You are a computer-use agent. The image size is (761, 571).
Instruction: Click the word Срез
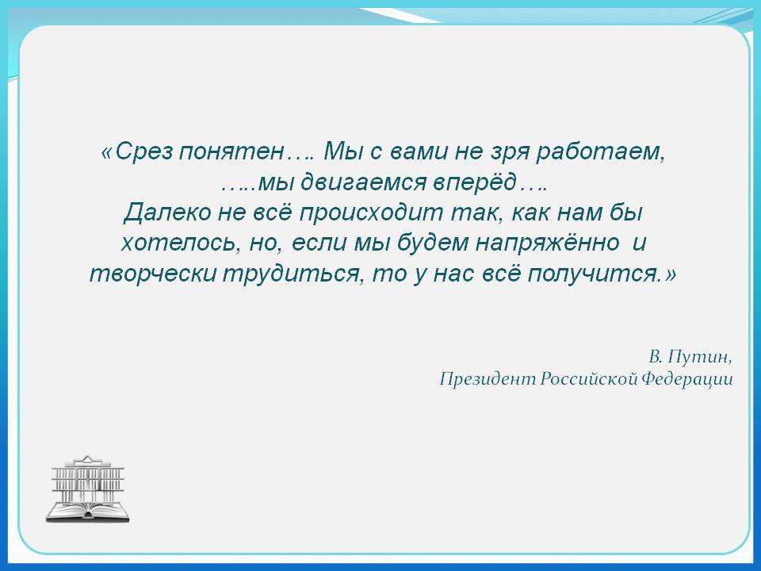pyautogui.click(x=144, y=152)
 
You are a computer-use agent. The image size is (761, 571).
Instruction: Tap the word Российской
pyautogui.click(x=588, y=379)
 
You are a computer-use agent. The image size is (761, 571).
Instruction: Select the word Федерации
pyautogui.click(x=686, y=379)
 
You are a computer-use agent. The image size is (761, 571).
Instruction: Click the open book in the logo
pyautogui.click(x=88, y=512)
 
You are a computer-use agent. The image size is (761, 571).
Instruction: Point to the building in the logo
pyautogui.click(x=88, y=479)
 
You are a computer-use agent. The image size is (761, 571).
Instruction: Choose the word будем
pyautogui.click(x=433, y=243)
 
